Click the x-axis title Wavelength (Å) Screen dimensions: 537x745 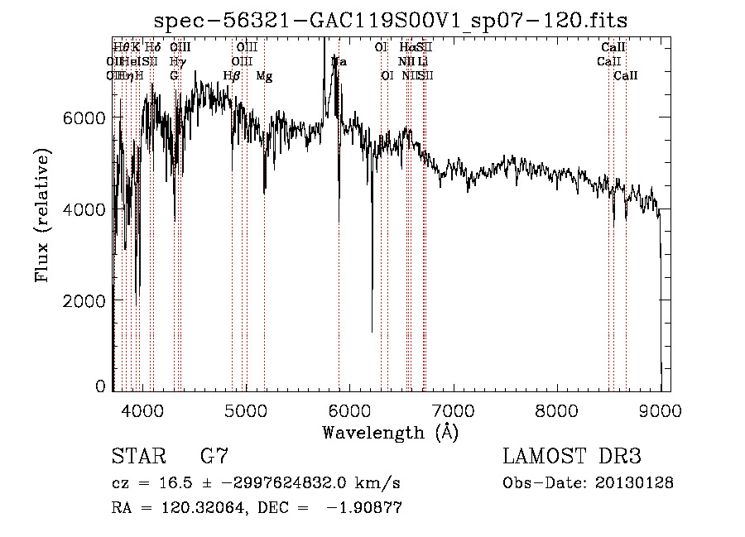point(390,432)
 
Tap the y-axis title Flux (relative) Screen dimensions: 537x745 point(42,215)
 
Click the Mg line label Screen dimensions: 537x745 point(264,76)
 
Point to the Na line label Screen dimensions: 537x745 point(339,62)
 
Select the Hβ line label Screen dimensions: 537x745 point(232,76)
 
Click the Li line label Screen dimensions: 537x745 point(422,62)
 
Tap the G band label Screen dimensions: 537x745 point(174,76)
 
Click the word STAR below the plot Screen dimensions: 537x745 point(135,456)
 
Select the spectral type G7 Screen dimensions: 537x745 point(214,456)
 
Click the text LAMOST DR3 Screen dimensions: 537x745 point(571,456)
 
